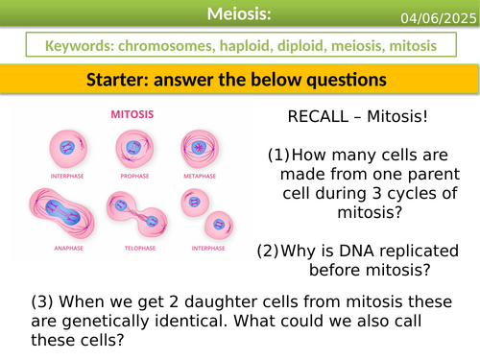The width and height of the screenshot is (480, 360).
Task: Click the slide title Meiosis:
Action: pyautogui.click(x=240, y=13)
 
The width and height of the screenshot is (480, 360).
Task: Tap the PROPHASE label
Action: pyautogui.click(x=133, y=174)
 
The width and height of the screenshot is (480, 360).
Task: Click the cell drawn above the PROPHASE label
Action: pyautogui.click(x=133, y=147)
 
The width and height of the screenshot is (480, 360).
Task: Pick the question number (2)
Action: pyautogui.click(x=268, y=252)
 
